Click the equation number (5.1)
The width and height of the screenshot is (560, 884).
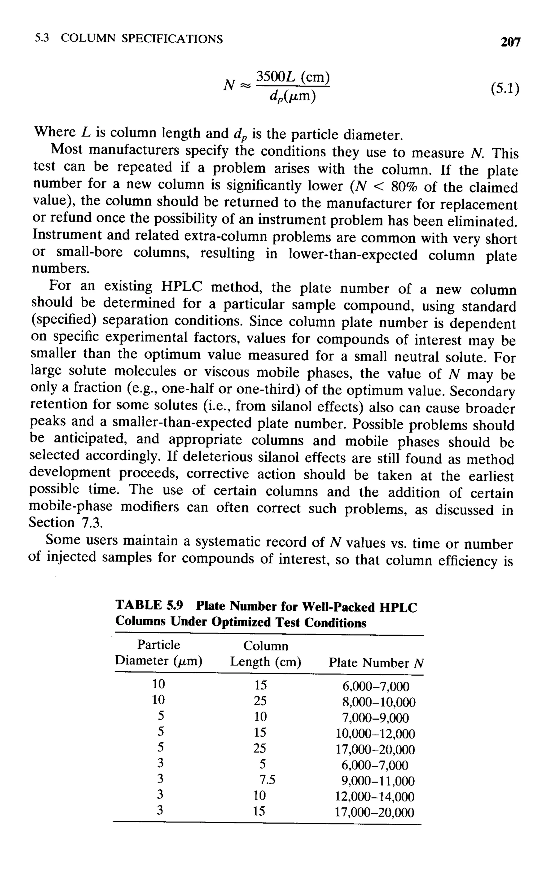pos(505,89)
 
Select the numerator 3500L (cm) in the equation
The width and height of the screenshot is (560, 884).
pos(293,77)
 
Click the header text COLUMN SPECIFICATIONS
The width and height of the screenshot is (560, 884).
pos(142,38)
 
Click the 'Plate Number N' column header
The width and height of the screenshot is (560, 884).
pos(376,663)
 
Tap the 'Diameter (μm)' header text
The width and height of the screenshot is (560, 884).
pos(159,661)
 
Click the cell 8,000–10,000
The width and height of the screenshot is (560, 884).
pos(379,702)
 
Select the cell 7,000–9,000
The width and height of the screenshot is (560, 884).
pos(375,718)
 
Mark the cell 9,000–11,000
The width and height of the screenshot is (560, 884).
pos(378,781)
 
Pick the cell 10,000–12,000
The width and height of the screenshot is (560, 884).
pos(375,734)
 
